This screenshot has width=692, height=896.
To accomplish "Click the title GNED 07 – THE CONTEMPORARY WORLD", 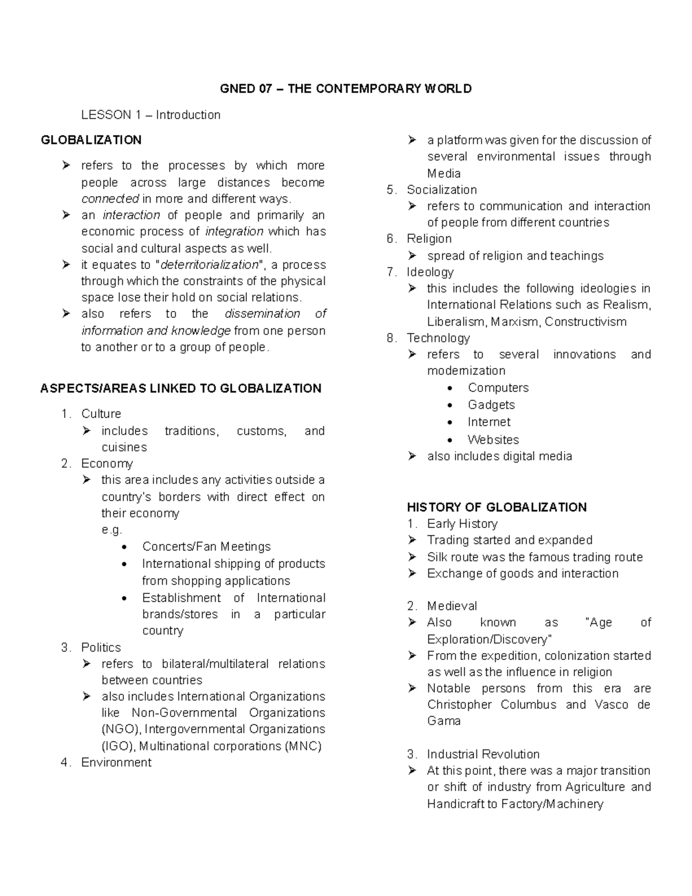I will pyautogui.click(x=346, y=89).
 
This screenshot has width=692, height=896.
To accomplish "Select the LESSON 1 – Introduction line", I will pyautogui.click(x=151, y=115).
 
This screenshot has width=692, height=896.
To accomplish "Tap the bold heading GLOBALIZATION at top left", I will pyautogui.click(x=91, y=140).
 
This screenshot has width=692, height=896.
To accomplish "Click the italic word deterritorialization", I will pyautogui.click(x=209, y=265).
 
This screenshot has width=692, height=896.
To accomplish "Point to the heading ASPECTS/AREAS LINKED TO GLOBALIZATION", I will pyautogui.click(x=180, y=388).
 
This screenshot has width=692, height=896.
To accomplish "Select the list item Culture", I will pyautogui.click(x=101, y=414).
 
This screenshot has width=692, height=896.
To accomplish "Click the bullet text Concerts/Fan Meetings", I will pyautogui.click(x=206, y=546).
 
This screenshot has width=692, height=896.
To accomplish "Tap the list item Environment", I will pyautogui.click(x=116, y=763).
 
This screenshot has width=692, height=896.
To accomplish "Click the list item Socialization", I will pyautogui.click(x=442, y=190).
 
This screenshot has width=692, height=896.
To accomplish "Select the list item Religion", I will pyautogui.click(x=429, y=239).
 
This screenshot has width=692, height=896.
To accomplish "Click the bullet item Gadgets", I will pyautogui.click(x=491, y=405).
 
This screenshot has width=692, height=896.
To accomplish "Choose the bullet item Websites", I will pyautogui.click(x=493, y=440).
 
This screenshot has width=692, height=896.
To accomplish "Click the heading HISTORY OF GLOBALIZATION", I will pyautogui.click(x=497, y=507).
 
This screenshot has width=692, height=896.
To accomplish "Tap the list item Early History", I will pyautogui.click(x=462, y=524).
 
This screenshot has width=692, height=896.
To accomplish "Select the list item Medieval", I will pyautogui.click(x=452, y=606).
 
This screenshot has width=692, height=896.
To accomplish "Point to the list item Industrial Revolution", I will pyautogui.click(x=483, y=754).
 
